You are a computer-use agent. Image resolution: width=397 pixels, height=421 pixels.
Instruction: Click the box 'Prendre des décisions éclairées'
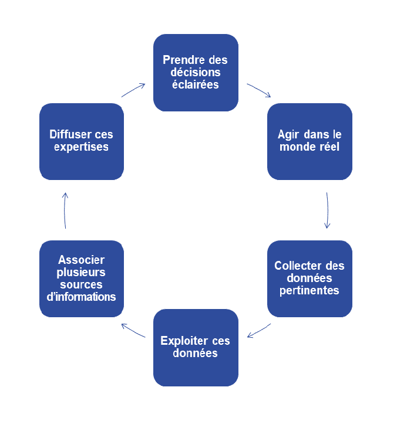click(196, 72)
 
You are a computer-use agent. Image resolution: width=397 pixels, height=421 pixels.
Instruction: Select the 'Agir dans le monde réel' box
click(309, 141)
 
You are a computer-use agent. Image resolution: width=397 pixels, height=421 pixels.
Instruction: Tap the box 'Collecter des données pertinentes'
click(309, 278)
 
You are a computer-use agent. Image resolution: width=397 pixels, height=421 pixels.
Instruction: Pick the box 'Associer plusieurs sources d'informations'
click(81, 278)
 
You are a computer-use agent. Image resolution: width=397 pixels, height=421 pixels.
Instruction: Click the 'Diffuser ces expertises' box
click(81, 141)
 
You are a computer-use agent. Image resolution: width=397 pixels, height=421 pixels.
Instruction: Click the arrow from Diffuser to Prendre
click(133, 90)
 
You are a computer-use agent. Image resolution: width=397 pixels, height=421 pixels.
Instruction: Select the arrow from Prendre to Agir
click(259, 90)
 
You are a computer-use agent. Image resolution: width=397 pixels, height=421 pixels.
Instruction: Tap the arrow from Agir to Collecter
click(327, 209)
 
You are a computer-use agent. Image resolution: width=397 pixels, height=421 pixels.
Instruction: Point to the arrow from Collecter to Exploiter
click(259, 330)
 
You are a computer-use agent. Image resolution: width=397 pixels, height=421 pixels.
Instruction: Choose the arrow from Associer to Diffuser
click(65, 209)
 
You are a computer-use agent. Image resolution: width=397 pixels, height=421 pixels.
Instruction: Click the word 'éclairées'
click(196, 84)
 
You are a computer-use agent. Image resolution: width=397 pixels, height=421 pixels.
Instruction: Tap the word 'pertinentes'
click(309, 290)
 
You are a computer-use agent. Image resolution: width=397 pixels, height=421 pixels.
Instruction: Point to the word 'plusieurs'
click(81, 272)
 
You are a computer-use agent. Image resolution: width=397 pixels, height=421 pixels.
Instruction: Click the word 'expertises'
click(81, 147)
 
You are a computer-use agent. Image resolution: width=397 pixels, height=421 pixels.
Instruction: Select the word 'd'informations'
click(81, 297)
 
